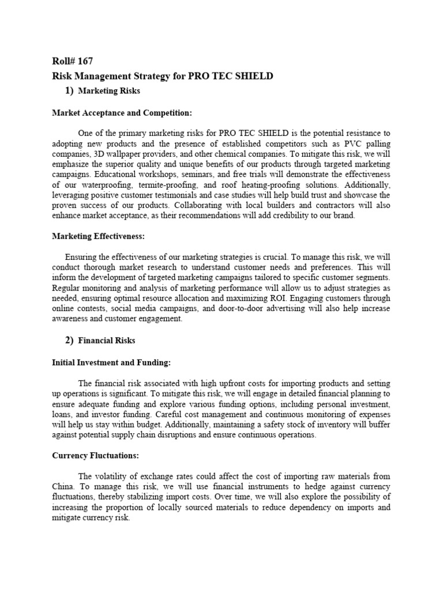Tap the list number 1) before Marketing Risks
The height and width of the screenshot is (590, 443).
click(69, 90)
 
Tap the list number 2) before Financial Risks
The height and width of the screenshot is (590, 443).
click(69, 340)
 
